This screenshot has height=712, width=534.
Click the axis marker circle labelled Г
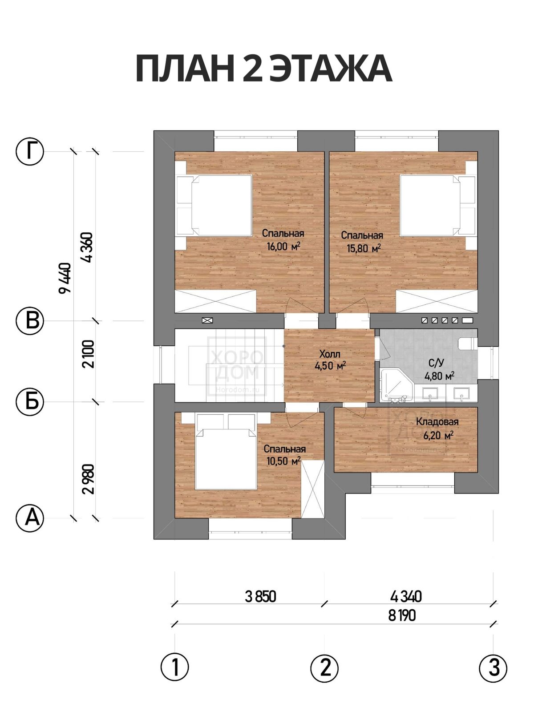30,151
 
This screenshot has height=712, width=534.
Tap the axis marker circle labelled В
30,321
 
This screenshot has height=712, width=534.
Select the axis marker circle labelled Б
30,402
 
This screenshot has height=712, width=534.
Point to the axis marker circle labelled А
30,518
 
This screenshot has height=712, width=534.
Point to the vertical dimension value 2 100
88,354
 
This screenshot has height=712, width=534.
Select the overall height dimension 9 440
65,278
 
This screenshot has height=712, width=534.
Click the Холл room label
330,354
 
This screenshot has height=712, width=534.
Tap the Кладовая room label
437,422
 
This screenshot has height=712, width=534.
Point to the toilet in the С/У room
468,344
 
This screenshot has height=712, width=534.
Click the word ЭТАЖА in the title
331,69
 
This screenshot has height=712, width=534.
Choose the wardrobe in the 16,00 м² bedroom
216,302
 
